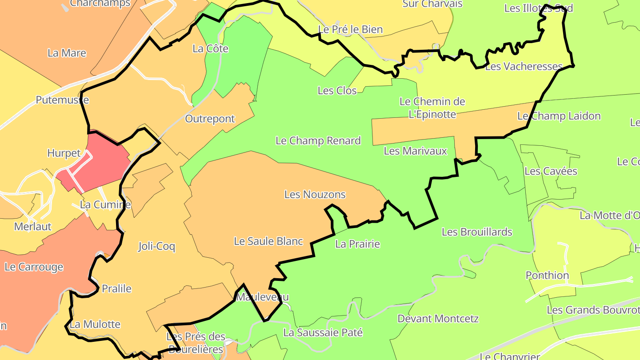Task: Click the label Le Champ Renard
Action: click(x=318, y=141)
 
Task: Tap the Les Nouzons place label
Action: click(x=315, y=195)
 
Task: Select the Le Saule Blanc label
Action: click(x=268, y=241)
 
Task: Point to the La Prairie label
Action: click(x=358, y=244)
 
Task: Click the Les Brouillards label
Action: click(x=477, y=232)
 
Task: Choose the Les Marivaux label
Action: click(x=415, y=151)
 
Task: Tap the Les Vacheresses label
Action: click(x=524, y=67)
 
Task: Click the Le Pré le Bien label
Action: click(x=351, y=30)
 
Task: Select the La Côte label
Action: click(x=211, y=48)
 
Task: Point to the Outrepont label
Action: click(x=210, y=119)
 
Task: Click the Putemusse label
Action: click(x=62, y=100)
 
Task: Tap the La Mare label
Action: click(x=67, y=53)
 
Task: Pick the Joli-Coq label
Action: click(x=156, y=246)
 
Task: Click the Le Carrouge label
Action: click(x=34, y=267)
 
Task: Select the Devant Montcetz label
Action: click(x=438, y=319)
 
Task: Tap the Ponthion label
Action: click(x=547, y=276)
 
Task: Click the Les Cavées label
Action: click(x=551, y=171)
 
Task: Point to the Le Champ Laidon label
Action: click(x=559, y=116)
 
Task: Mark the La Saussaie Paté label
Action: click(x=323, y=332)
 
